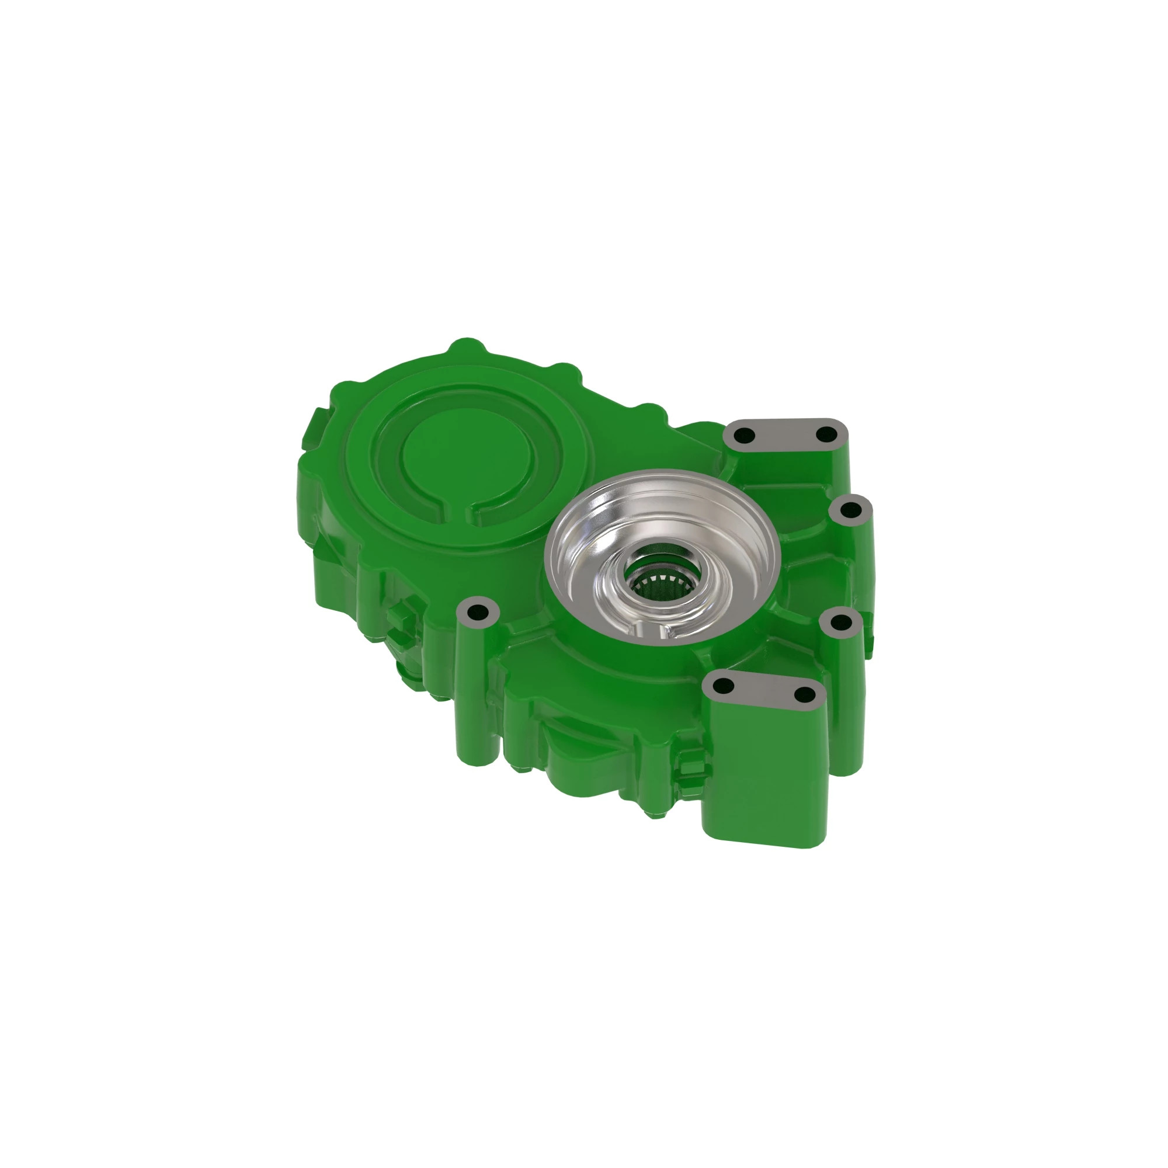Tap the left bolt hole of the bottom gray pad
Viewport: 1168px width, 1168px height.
(724, 686)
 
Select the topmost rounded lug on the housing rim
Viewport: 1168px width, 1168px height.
(467, 348)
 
